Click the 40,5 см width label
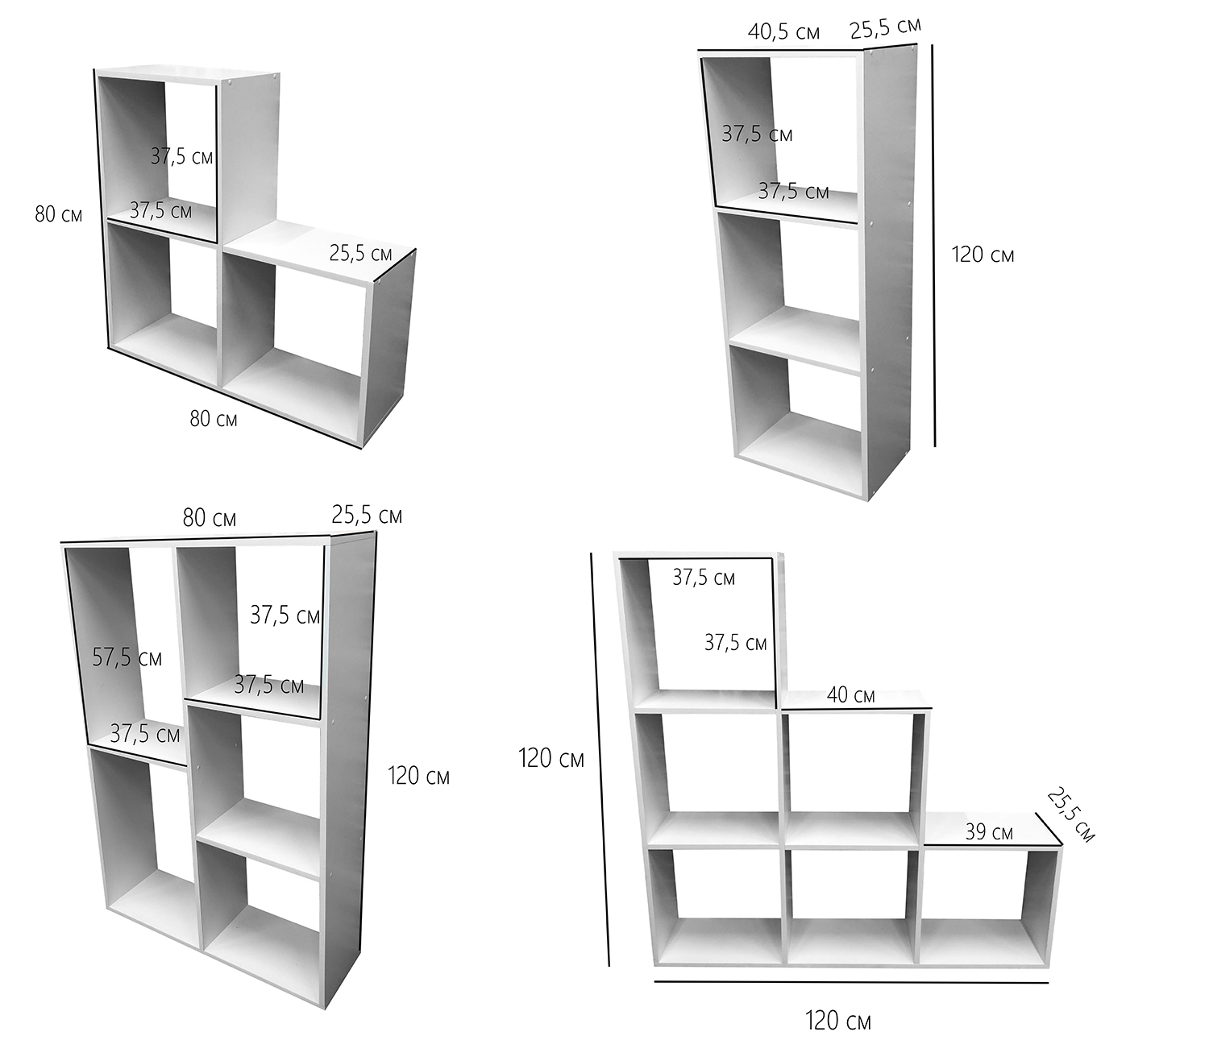click(x=783, y=32)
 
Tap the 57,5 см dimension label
click(x=127, y=657)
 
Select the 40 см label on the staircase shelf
click(x=850, y=695)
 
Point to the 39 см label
click(x=989, y=831)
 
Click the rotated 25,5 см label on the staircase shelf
click(x=1070, y=815)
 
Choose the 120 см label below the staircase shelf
click(x=837, y=1021)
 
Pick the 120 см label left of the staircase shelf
click(x=550, y=758)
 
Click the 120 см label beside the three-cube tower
click(x=983, y=255)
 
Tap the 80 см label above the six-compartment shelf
click(x=209, y=518)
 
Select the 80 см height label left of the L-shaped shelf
click(x=58, y=215)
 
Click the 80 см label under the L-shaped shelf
click(x=214, y=419)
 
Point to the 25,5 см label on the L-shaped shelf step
click(x=360, y=253)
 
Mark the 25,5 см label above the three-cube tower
click(x=885, y=29)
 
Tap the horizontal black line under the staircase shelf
click(x=851, y=982)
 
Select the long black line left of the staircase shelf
click(x=600, y=757)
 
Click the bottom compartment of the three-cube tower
click(x=798, y=419)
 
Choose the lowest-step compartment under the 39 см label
click(x=985, y=902)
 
